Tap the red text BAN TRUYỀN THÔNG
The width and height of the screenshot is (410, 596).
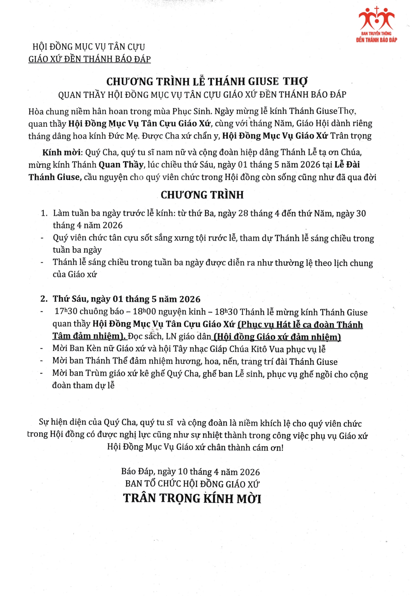coord(376,34)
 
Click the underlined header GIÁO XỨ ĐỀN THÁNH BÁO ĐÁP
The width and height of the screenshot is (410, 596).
coord(89,59)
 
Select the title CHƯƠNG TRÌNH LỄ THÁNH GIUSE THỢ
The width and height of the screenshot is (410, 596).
coord(207,81)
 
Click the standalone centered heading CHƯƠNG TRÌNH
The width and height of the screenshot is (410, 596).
coord(202,195)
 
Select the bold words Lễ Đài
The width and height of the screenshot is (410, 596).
coord(347,164)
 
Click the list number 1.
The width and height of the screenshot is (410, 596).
coord(44,213)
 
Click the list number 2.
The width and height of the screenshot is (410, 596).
coord(44,299)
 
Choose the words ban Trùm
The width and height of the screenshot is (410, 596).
coord(88,373)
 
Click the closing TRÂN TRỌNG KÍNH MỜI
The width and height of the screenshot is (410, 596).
coord(192,498)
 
